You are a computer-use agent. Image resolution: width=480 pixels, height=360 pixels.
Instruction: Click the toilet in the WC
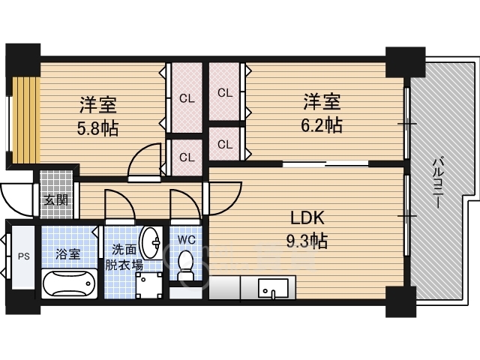[x=185, y=265]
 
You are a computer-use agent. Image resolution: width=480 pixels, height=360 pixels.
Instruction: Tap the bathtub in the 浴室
[x=69, y=283]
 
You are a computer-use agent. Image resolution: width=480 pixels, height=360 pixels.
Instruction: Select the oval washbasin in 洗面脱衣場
[x=151, y=243]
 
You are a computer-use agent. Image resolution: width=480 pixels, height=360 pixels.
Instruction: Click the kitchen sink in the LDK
[x=273, y=288]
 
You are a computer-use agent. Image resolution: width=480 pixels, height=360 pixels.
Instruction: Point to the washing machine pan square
[x=149, y=285]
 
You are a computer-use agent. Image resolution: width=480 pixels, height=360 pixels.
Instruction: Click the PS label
[x=23, y=256]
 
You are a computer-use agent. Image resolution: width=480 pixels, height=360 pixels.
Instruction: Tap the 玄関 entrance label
[x=56, y=200]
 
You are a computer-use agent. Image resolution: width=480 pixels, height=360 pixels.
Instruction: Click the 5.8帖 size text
[x=97, y=128]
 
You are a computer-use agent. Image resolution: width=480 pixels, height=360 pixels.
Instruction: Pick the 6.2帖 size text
[x=322, y=125]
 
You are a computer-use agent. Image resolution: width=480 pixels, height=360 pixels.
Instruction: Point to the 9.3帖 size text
[x=307, y=241]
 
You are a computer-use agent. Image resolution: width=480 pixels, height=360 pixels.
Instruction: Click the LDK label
[x=307, y=218]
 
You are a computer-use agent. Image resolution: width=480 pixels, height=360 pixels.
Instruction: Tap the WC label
[x=187, y=240]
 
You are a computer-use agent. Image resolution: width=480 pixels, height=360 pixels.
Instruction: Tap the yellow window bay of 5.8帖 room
[x=26, y=120]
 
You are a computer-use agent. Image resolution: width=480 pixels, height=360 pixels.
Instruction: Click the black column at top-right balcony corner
[x=405, y=62]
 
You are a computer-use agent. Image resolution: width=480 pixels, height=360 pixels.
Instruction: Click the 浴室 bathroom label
[x=68, y=254]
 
